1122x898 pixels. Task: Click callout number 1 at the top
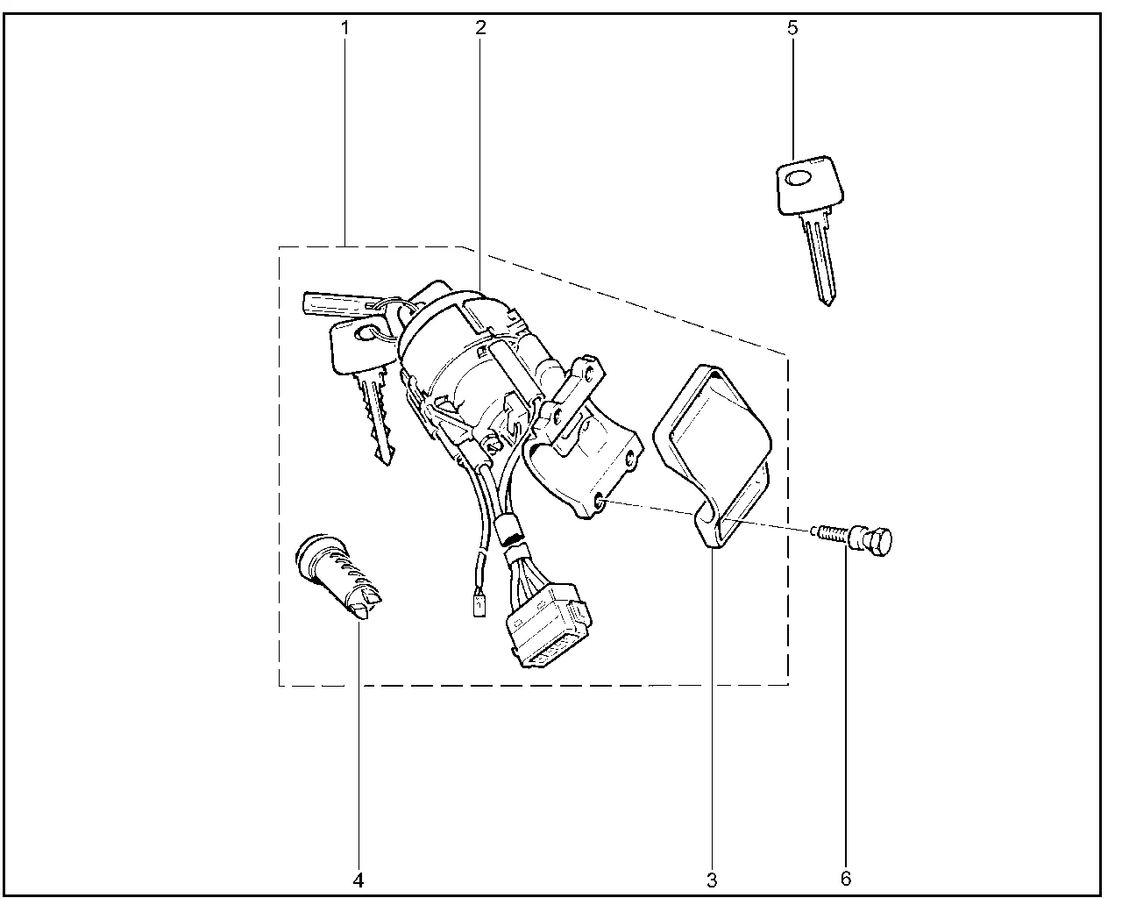[x=344, y=28]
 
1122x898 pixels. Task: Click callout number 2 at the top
[x=480, y=27]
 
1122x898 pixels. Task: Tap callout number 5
[x=792, y=28]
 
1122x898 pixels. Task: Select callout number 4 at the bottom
[x=359, y=880]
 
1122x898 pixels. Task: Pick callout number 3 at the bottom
[x=712, y=880]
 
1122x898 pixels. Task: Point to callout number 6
[x=846, y=879]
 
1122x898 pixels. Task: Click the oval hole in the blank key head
[x=798, y=179]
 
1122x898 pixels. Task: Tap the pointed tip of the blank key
[x=828, y=304]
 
